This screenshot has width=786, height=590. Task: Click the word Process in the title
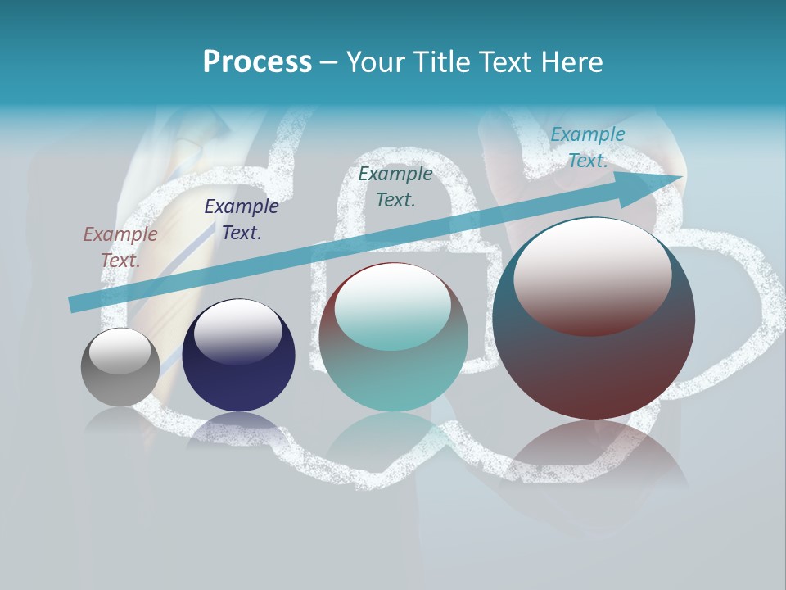pos(257,62)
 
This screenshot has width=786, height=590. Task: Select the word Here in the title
pos(571,62)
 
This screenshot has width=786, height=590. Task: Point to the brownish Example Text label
pos(120,247)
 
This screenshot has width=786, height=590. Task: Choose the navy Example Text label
pos(242,219)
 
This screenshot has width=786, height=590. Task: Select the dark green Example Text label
pos(395,186)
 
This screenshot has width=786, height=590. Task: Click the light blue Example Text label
pos(587,147)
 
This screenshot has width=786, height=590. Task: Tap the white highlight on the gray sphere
pos(120,351)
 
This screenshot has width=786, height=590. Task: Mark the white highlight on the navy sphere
pos(237,331)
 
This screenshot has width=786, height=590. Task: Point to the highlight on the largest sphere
pos(593,275)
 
